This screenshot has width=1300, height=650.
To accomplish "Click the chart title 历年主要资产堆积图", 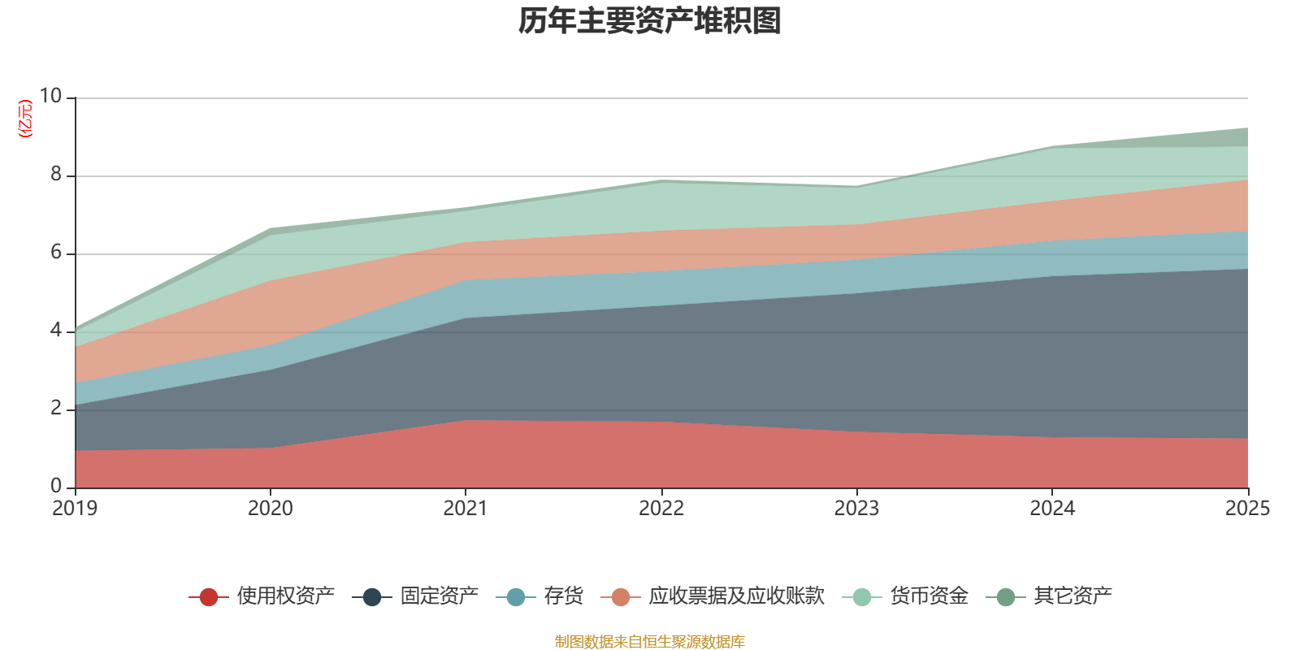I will click(649, 22).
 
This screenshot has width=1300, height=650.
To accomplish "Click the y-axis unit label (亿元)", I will click(26, 119).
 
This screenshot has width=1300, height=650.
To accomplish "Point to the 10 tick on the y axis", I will click(50, 97).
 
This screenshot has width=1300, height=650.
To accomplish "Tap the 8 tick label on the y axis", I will click(56, 175).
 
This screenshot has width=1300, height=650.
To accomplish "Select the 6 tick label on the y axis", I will click(56, 253).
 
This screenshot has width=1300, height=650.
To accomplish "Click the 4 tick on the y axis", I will click(56, 331).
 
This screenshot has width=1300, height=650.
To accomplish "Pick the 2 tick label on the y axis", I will click(56, 409).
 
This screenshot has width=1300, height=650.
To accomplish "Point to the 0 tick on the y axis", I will click(56, 487).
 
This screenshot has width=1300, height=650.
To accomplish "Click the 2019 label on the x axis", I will click(75, 509).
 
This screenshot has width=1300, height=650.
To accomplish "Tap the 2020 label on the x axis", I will click(270, 509).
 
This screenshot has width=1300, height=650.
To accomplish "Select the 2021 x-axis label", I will click(466, 509).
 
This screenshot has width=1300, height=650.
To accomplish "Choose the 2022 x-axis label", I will click(661, 509).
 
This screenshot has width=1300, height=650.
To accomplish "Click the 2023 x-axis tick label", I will click(856, 509).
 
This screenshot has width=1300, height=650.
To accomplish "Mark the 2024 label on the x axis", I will click(1052, 509).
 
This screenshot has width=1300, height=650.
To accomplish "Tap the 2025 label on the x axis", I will click(1247, 509).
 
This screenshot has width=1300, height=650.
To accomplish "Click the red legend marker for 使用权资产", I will click(209, 597).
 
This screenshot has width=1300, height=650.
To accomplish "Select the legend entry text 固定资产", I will click(439, 596).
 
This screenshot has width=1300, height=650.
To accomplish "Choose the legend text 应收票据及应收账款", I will click(736, 596).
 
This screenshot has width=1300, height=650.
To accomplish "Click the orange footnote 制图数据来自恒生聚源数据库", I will click(649, 642).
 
